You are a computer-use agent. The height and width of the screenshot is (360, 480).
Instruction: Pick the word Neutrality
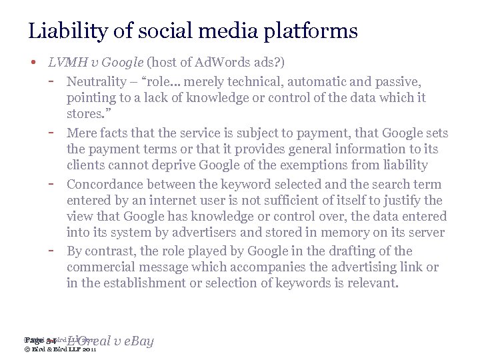98,81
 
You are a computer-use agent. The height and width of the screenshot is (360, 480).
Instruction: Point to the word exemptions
330,165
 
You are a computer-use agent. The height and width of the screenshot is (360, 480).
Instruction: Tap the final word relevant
372,283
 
